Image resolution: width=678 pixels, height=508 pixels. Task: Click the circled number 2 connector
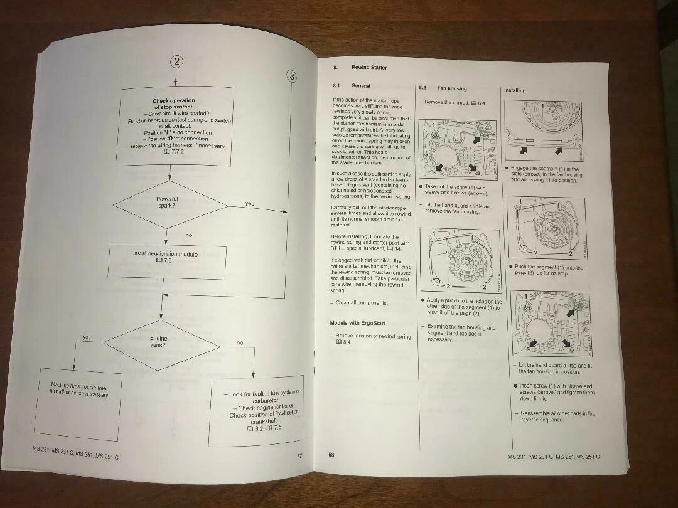(177, 61)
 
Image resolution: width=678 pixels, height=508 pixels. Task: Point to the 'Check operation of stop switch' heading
(174, 103)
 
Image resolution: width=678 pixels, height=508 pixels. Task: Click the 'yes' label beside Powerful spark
(250, 204)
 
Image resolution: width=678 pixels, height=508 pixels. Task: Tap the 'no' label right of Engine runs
(240, 343)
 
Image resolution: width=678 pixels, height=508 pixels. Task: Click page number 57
(300, 456)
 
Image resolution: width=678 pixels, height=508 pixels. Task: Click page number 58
(331, 455)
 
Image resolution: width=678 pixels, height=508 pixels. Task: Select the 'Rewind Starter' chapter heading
(369, 67)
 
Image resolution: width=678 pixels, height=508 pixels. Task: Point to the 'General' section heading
(360, 86)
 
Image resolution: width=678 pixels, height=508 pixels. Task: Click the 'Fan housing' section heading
(452, 88)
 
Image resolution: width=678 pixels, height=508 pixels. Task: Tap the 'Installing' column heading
(515, 90)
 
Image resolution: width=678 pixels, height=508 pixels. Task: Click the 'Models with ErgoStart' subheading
(358, 323)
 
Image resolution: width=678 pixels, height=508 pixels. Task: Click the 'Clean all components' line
(362, 303)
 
